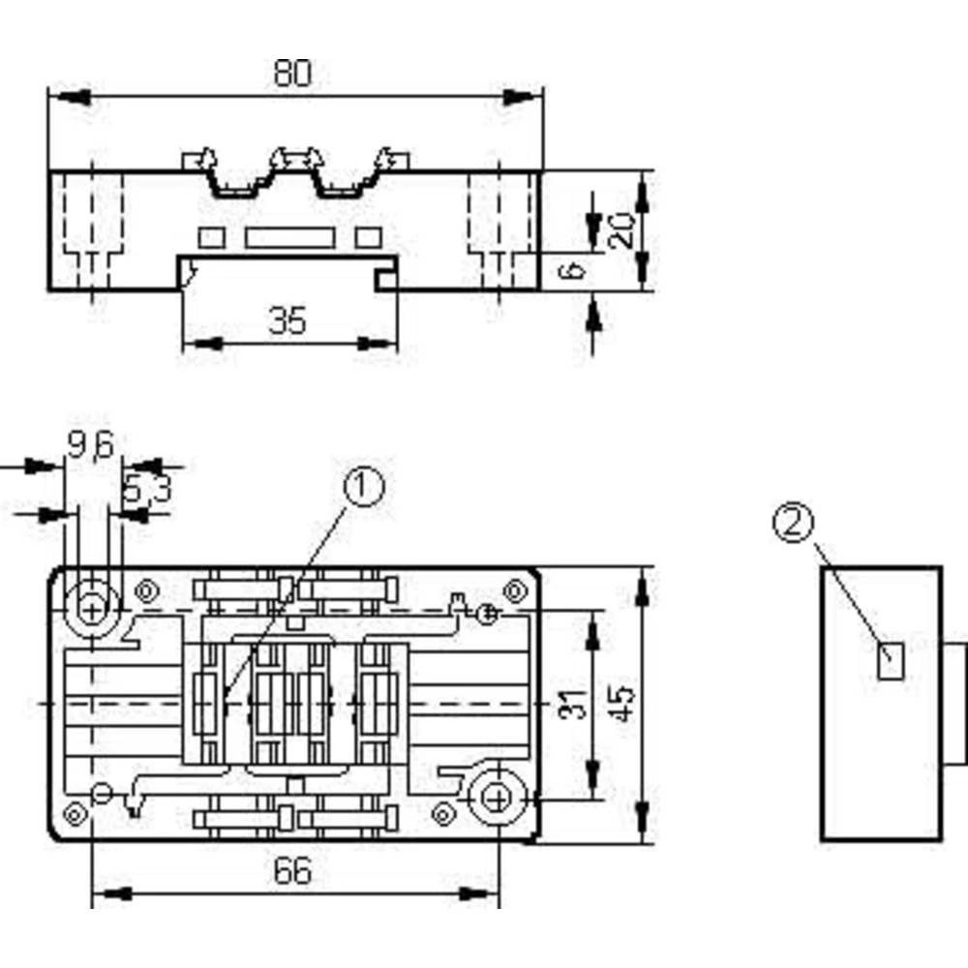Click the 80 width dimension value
pos(292,73)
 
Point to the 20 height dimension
pos(621,231)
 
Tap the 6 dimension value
pos(572,270)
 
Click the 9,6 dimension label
pos(91,444)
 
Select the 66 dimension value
pos(292,871)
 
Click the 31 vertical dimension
pos(572,704)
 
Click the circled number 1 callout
pos(364,487)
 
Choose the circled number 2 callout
pos(794,523)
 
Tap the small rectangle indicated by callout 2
pos(891,661)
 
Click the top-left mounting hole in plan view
pos(92,611)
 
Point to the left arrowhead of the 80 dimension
pos(70,97)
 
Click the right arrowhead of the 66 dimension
pos(479,893)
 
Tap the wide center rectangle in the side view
pos(290,238)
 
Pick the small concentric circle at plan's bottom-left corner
pos(76,815)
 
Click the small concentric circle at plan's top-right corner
pos(515,591)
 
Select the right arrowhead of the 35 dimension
pos(378,344)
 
